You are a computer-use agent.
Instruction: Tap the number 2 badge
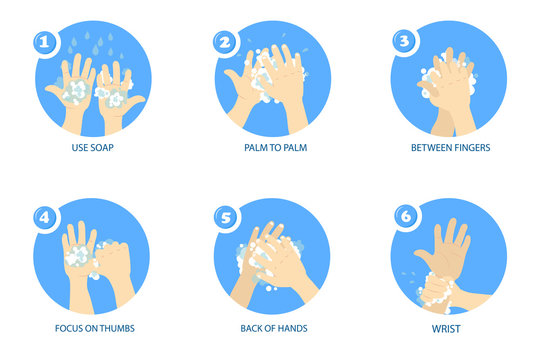[x=225, y=43]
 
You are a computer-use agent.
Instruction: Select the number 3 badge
[x=403, y=43]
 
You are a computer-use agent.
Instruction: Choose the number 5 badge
[x=225, y=216]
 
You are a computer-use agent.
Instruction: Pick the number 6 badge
[x=403, y=216]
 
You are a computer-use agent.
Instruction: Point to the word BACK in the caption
[x=254, y=327]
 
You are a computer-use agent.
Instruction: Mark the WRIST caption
[x=449, y=327]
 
